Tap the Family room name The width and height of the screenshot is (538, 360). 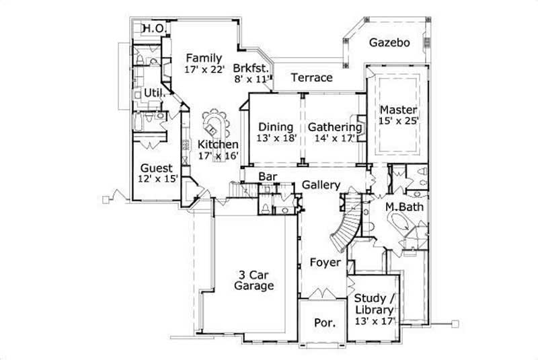coord(204,57)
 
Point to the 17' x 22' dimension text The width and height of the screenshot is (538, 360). coord(204,69)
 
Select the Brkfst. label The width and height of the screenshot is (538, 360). coord(252,67)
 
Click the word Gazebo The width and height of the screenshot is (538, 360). coord(389,42)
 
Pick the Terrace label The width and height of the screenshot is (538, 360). coord(311,77)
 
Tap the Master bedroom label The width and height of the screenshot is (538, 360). coord(398,110)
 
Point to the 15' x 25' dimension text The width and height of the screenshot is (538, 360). coord(399,121)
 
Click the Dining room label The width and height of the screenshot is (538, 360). coord(276,127)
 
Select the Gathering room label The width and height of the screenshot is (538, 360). coord(335,127)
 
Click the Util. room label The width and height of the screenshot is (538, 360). coord(153,93)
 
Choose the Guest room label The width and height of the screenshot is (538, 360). coord(157,168)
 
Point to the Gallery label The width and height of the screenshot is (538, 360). coord(321,184)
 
